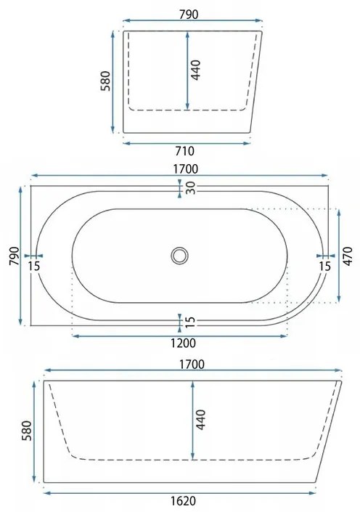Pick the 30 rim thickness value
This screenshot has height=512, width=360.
[189, 188]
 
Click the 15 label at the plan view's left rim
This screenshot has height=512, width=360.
[33, 267]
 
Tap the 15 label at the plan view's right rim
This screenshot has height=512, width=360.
[324, 267]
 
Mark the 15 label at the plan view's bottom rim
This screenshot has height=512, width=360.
[189, 322]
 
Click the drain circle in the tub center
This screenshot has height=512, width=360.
[179, 255]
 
